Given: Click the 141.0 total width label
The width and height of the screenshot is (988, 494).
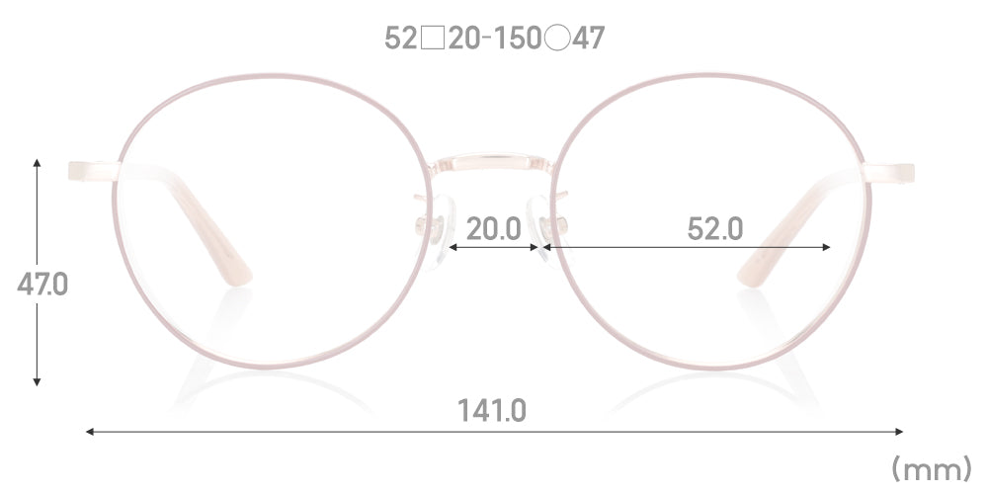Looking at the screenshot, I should click(491, 409).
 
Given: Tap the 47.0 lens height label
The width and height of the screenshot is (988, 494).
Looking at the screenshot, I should click(42, 284).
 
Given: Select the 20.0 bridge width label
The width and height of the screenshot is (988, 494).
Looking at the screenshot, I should click(493, 228).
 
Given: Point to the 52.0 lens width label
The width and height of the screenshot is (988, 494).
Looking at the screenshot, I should click(713, 228).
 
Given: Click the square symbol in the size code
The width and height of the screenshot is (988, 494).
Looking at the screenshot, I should click(433, 39).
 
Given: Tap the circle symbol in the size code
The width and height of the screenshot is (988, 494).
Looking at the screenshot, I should click(556, 39).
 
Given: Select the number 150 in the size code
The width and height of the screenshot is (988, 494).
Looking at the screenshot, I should click(516, 39).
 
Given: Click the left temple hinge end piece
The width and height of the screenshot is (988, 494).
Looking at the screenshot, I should click(91, 171).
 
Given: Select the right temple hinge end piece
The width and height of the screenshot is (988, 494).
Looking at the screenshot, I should click(891, 171).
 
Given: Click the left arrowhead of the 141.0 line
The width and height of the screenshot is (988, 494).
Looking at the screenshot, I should click(89, 432).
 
